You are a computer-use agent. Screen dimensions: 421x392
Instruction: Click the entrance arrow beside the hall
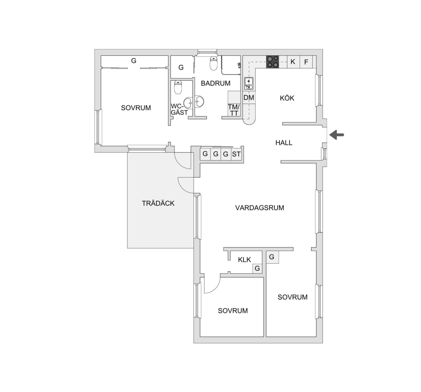(337, 135)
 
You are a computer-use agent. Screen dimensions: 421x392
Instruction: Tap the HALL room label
(284, 143)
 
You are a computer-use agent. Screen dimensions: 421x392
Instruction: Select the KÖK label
(287, 98)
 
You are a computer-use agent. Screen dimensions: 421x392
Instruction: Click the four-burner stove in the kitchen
(273, 62)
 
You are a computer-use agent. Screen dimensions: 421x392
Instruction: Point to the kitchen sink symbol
(249, 83)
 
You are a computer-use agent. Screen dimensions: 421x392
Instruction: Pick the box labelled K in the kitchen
(293, 62)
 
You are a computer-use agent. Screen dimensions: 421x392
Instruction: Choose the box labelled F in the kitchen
(306, 62)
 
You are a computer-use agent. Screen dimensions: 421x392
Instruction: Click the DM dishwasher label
(249, 98)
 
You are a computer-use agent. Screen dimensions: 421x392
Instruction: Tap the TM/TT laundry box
(234, 110)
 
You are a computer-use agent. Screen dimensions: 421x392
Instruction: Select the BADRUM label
(215, 83)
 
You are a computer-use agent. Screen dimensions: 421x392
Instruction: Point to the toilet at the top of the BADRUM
(214, 63)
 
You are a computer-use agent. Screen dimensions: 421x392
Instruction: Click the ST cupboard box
(236, 154)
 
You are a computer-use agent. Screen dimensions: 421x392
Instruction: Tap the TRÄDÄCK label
(158, 203)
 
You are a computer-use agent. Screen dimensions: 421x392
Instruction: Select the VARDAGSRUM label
(260, 208)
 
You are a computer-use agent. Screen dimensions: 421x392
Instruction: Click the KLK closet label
(244, 260)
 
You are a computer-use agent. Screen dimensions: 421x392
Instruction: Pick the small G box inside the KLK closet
(257, 268)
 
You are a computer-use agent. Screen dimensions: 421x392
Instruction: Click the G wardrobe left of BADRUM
(181, 67)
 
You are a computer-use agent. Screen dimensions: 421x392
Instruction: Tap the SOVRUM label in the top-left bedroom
(136, 108)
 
